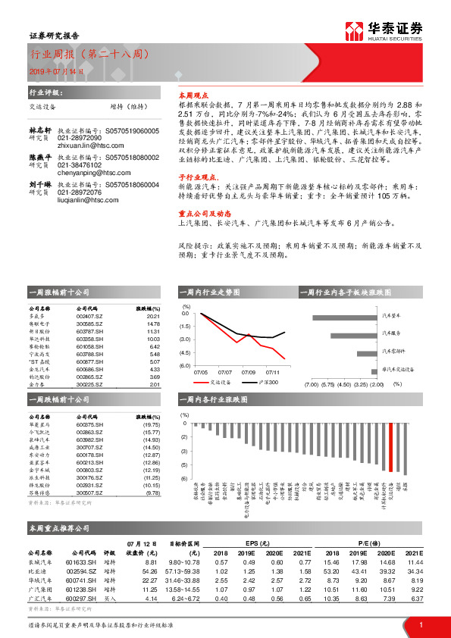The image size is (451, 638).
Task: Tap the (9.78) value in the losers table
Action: click(152, 493)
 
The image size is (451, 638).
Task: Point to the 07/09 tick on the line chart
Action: click(249, 372)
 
